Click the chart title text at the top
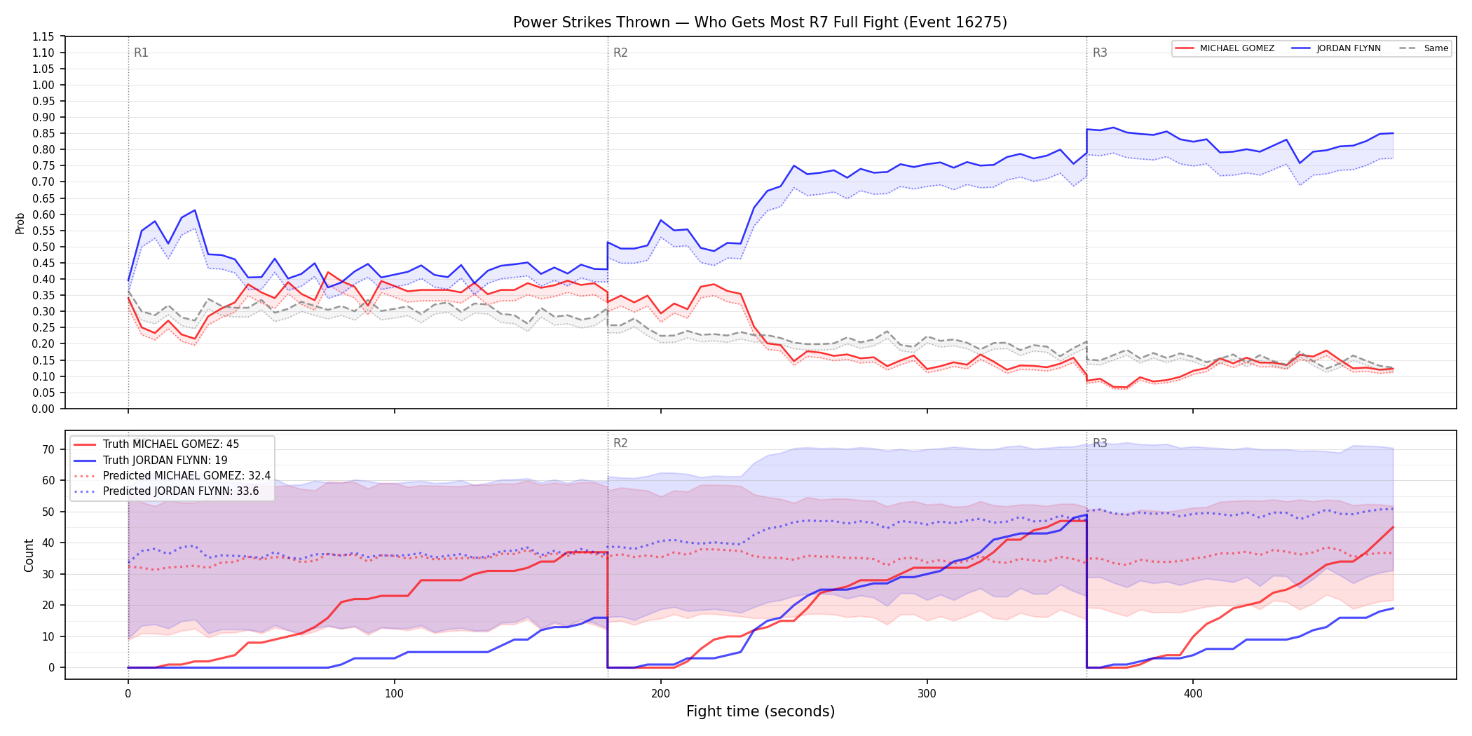click(760, 22)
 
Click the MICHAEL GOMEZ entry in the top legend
click(1236, 48)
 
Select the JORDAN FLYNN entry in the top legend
click(1348, 48)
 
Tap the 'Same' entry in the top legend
click(1436, 48)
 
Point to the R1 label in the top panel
click(141, 53)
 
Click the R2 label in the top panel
click(620, 53)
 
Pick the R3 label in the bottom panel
click(1100, 443)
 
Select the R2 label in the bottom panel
click(620, 443)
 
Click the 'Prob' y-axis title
click(20, 223)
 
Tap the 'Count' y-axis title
click(29, 555)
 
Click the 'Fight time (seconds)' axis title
click(761, 711)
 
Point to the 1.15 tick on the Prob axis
click(43, 36)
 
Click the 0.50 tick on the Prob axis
click(43, 247)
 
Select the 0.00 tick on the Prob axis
click(43, 409)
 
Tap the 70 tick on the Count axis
click(48, 449)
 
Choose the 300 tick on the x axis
click(927, 694)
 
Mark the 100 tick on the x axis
click(394, 694)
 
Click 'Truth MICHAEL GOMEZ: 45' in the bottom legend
click(171, 444)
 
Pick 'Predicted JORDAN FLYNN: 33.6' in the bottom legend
click(181, 491)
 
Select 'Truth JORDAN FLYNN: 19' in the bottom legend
click(165, 461)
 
